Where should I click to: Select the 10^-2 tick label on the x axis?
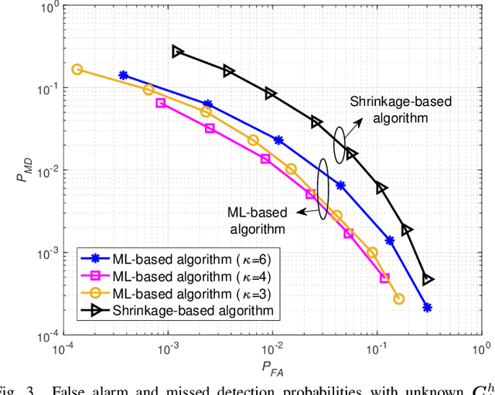pos(271,349)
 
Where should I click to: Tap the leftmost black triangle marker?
pos(178,51)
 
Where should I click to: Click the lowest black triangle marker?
pos(428,280)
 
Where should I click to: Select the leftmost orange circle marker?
pos(77,69)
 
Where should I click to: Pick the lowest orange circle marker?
pos(399,299)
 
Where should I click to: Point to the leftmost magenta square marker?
pos(161,103)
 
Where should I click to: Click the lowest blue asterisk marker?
pos(427,308)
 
